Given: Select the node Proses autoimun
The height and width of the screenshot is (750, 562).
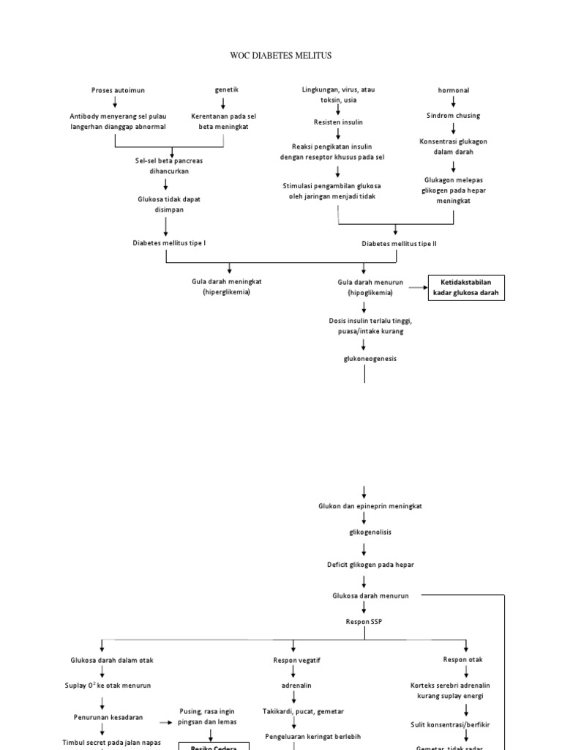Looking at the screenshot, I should [118, 90].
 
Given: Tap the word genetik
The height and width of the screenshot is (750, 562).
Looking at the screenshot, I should [226, 89].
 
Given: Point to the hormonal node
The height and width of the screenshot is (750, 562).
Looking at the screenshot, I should [454, 90].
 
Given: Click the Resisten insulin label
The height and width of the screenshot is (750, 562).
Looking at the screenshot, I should [338, 122].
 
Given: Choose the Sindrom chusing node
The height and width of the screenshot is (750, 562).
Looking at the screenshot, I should [454, 116].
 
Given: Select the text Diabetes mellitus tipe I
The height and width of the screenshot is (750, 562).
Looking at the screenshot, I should [169, 242].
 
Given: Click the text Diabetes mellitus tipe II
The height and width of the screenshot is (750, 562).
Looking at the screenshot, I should [399, 243].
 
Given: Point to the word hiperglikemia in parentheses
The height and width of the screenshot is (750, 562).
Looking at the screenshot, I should [226, 292].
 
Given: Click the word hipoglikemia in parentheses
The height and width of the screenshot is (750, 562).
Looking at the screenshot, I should [370, 292].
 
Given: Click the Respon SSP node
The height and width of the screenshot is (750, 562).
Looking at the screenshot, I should [364, 622].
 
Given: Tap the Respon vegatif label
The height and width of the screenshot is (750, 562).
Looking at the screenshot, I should [296, 660].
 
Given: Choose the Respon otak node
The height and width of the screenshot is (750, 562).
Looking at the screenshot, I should [462, 659].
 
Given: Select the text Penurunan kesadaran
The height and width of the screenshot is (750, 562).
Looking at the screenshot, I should [108, 717].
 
